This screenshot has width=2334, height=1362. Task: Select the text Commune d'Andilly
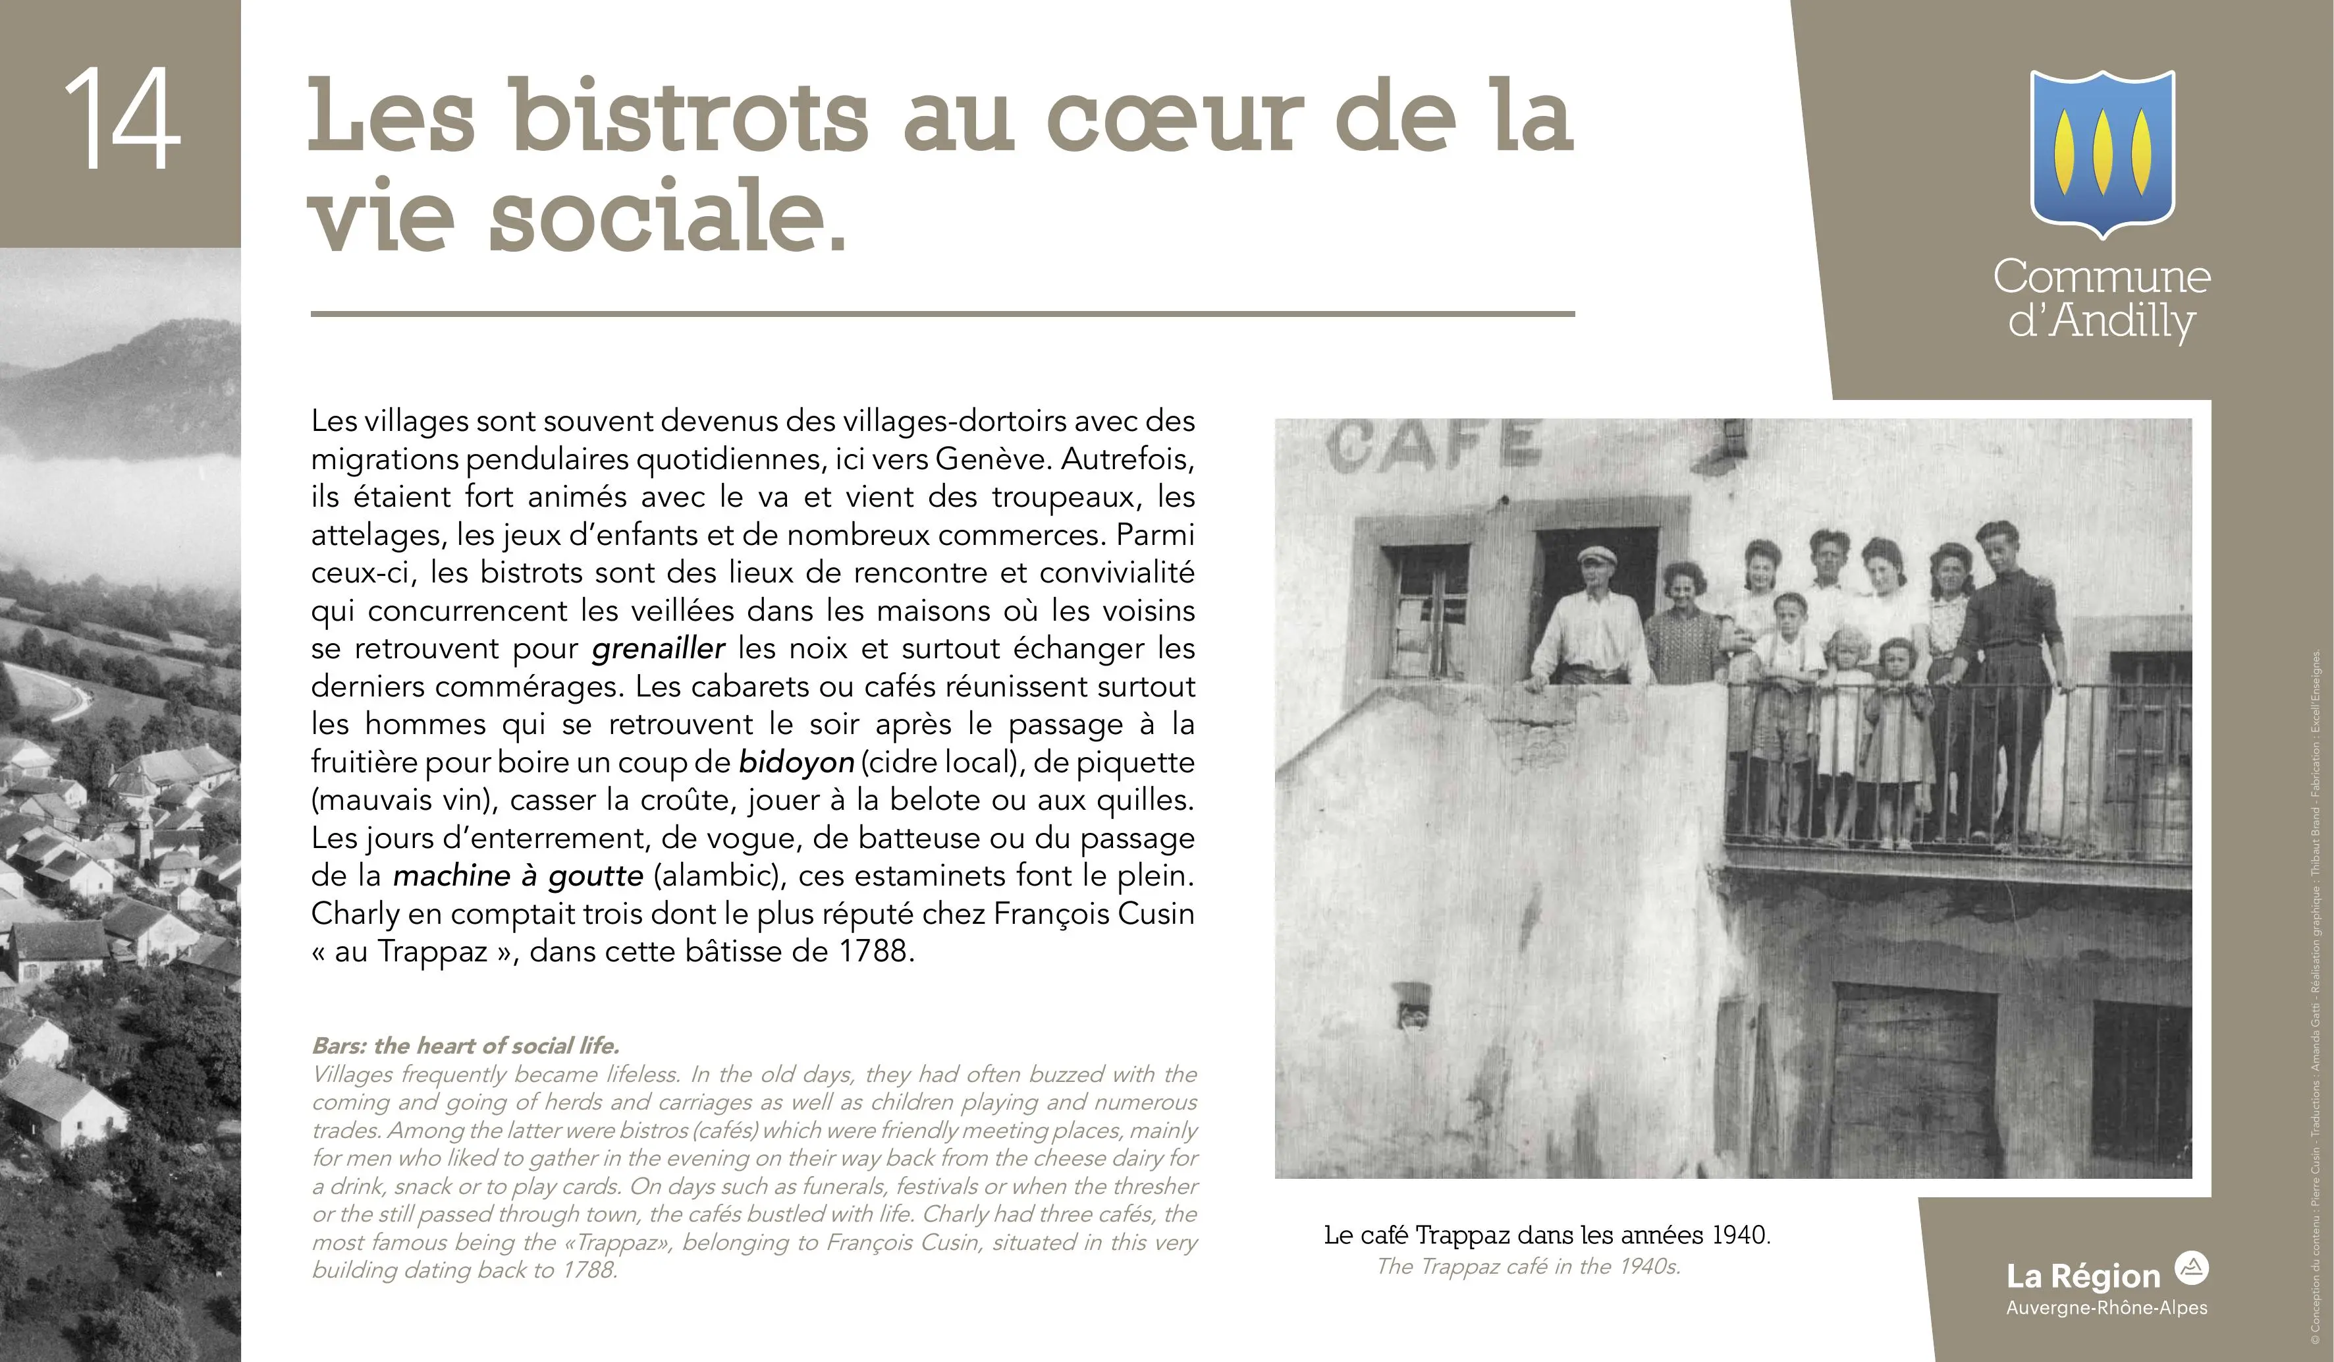coord(2102,298)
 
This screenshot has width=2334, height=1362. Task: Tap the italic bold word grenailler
coord(658,648)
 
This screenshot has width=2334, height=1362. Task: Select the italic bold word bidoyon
coord(796,762)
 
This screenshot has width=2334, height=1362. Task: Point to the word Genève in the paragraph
coord(993,459)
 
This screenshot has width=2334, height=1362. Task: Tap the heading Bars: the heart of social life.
coord(465,1046)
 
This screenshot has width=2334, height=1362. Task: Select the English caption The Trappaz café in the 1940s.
coord(1528,1266)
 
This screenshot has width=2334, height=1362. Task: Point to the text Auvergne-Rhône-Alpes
coord(2106,1308)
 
